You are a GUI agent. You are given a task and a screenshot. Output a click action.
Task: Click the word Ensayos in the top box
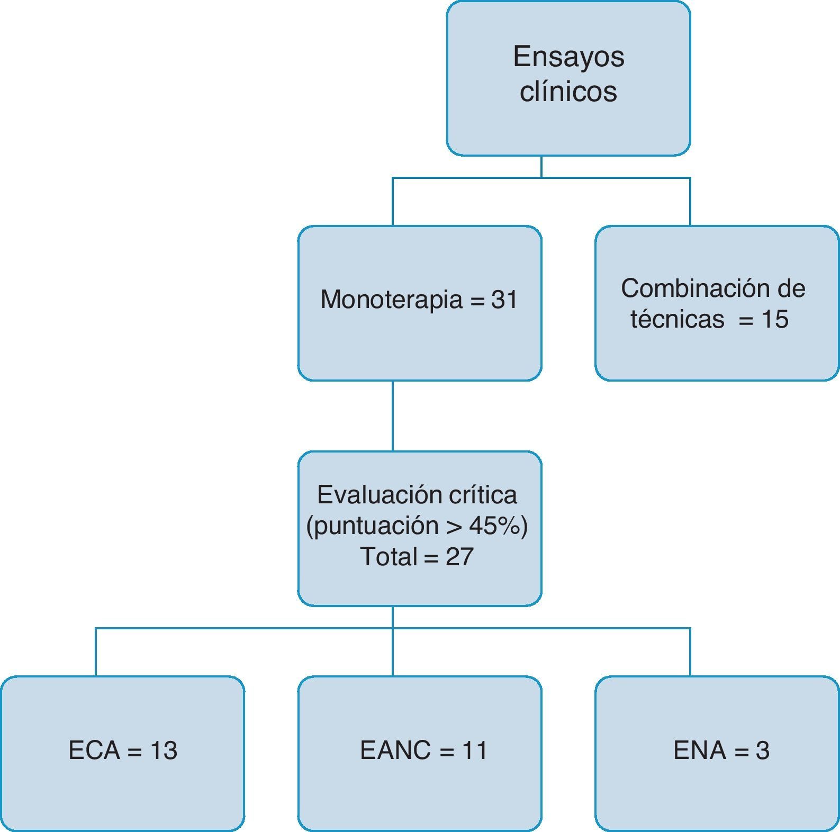pos(568,57)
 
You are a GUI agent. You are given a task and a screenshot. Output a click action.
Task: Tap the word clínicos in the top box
pos(568,91)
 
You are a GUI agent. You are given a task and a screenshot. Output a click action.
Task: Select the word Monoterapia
pos(391,300)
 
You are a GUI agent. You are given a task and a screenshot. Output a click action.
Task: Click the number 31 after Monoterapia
pos(504,300)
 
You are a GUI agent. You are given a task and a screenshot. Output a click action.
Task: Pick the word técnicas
pos(677,319)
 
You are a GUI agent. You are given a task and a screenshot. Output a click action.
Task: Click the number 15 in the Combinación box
pos(775,319)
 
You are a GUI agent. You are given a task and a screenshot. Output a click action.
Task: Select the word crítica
pos(483,495)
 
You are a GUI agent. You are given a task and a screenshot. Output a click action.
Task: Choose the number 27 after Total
pos(459,556)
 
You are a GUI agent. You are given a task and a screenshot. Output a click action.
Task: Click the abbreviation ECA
pos(94,750)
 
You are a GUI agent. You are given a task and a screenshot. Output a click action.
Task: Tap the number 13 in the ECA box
pos(164,750)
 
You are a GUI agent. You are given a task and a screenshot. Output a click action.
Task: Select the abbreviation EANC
pos(395,750)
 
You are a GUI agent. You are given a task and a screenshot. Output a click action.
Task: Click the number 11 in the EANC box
pos(474,750)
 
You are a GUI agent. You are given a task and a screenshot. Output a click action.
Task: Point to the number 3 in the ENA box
pos(762,750)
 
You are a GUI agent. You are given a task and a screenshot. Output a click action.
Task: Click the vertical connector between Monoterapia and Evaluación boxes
pos(393,415)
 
